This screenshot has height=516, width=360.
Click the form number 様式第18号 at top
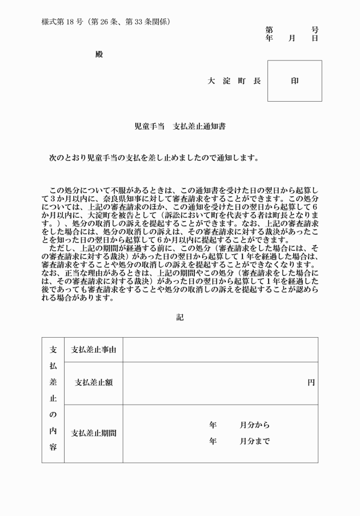pos(62,22)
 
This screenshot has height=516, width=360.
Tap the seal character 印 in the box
pos(295,81)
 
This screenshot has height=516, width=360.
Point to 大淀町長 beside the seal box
pos(234,81)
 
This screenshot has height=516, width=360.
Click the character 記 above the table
pos(180,317)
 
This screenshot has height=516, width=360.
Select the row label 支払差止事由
pos(93,350)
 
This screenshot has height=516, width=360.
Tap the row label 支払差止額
pos(93,383)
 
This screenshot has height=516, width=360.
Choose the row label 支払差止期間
pos(93,433)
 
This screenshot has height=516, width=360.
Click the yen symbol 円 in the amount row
pos(311,383)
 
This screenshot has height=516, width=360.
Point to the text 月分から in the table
pos(254,425)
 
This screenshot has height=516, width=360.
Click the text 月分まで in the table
pos(254,441)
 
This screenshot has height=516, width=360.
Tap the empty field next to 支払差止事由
pos(220,350)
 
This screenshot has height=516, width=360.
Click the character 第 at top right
pos(269,30)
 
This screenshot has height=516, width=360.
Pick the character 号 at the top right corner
pos(315,30)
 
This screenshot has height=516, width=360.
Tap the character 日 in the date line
pos(315,38)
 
